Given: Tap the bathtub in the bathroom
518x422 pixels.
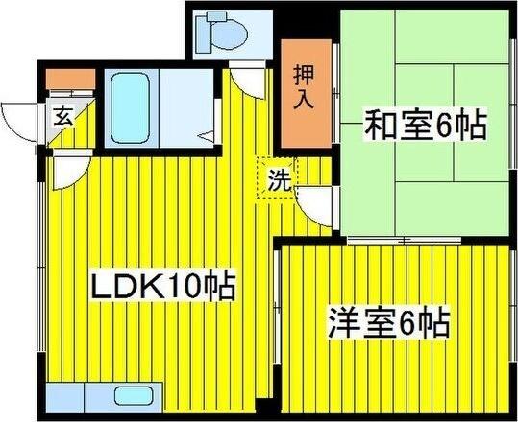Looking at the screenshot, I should [126, 105].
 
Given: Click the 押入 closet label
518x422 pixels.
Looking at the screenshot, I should [303, 87].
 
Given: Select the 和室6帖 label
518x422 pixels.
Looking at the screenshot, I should [424, 125].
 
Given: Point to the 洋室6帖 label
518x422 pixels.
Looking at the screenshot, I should [389, 322].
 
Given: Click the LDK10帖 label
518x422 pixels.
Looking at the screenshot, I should [163, 287].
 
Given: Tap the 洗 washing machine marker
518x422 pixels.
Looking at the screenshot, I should [278, 179].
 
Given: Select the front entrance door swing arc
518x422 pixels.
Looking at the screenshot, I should [21, 119].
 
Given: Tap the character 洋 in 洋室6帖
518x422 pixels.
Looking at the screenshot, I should [344, 322].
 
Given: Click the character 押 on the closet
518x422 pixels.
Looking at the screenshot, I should [303, 75].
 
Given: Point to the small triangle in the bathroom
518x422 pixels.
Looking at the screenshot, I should [206, 137].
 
